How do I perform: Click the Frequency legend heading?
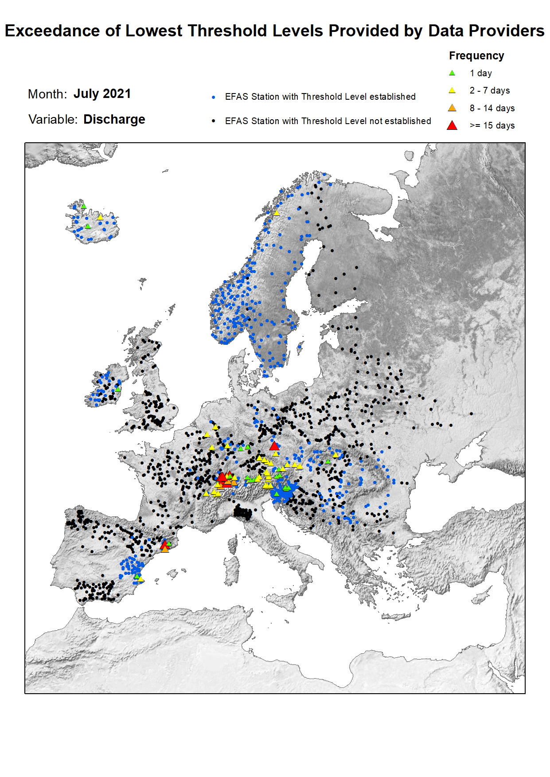(x=476, y=56)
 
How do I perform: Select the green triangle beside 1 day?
(x=452, y=73)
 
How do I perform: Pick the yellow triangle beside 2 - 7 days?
(x=452, y=90)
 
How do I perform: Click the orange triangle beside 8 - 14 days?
(x=452, y=108)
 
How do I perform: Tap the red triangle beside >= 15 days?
(x=452, y=125)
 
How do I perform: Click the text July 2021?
(x=102, y=94)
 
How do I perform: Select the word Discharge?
(x=114, y=120)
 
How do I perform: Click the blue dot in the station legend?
(x=214, y=97)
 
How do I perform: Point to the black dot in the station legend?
(x=214, y=121)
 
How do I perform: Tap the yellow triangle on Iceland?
(x=100, y=217)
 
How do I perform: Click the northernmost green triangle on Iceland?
(x=83, y=206)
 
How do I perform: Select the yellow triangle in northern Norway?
(x=276, y=213)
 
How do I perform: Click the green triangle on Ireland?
(x=118, y=389)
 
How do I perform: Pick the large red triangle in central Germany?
(x=274, y=446)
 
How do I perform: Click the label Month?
(x=47, y=94)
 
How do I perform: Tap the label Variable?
(x=52, y=120)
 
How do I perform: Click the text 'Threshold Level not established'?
(x=366, y=121)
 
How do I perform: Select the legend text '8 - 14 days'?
(x=492, y=108)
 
